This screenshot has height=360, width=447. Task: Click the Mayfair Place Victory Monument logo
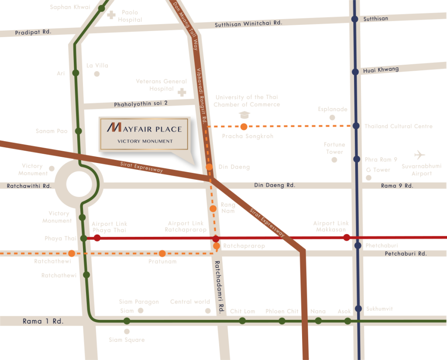point(144,133)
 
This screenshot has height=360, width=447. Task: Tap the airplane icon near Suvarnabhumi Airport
point(419,155)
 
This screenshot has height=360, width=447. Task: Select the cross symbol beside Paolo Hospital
point(111,15)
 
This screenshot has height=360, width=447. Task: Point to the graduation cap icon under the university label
point(245,115)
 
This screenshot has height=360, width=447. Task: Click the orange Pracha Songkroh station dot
point(244,127)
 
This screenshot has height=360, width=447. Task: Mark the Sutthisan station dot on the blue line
point(355,19)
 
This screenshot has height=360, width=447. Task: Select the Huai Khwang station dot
point(355,72)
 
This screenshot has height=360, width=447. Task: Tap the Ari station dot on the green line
point(76,73)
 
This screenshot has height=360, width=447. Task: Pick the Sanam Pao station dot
point(78,131)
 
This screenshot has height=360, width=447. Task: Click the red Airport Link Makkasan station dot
point(347,237)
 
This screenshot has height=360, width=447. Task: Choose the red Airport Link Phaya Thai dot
point(97,238)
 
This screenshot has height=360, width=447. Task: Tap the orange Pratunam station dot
point(162,253)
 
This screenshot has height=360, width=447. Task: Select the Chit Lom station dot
point(242,321)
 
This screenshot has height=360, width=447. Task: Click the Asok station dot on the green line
point(347,321)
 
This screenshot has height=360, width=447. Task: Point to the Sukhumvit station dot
point(358,308)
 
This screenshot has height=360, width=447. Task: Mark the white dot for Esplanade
point(332,118)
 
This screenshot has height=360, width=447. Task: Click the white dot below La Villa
point(97,74)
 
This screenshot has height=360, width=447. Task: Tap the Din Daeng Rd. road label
point(275,185)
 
